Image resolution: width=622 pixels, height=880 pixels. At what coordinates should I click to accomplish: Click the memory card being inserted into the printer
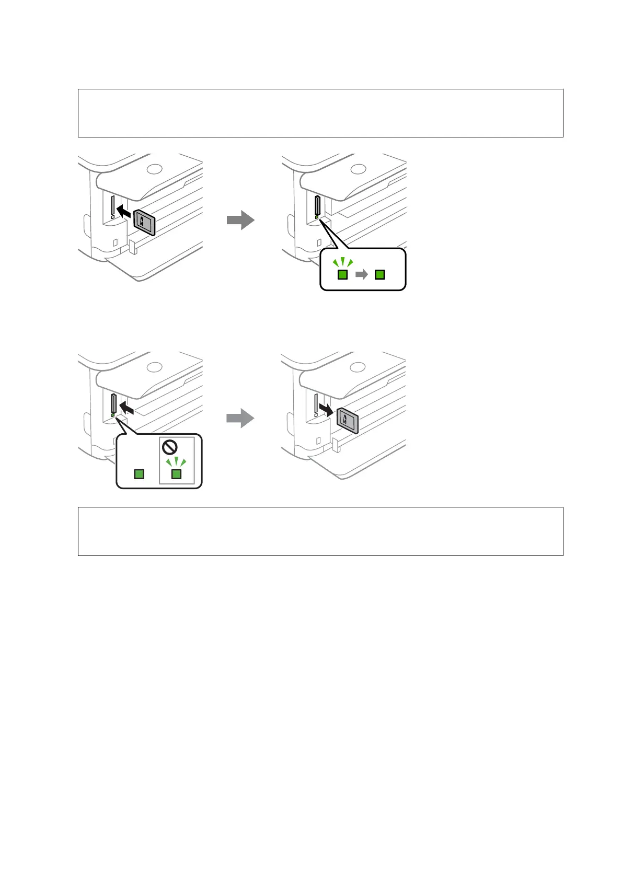144,223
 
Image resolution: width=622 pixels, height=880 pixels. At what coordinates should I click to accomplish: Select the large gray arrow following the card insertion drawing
240,220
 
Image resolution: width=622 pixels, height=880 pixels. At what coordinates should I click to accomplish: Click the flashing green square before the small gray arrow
342,274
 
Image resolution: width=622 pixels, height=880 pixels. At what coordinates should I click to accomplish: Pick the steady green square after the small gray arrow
380,274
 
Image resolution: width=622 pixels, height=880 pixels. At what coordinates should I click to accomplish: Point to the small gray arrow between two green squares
361,274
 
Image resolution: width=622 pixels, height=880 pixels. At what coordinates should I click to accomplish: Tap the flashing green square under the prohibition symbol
176,473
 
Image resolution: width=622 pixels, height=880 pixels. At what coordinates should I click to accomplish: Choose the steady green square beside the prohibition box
139,473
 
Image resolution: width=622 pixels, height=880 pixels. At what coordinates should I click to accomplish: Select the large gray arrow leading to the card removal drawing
240,418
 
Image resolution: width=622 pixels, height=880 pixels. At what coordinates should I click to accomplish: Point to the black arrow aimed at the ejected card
328,409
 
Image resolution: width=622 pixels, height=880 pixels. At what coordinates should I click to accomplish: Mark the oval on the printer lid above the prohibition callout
154,367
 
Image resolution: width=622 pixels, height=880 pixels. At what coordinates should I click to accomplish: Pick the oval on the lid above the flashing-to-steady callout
358,169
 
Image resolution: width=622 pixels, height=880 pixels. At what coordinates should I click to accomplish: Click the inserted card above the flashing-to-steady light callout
316,205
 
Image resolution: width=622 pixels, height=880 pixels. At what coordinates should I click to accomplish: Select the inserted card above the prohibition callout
113,403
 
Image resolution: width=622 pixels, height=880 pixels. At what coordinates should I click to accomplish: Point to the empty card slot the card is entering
113,205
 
